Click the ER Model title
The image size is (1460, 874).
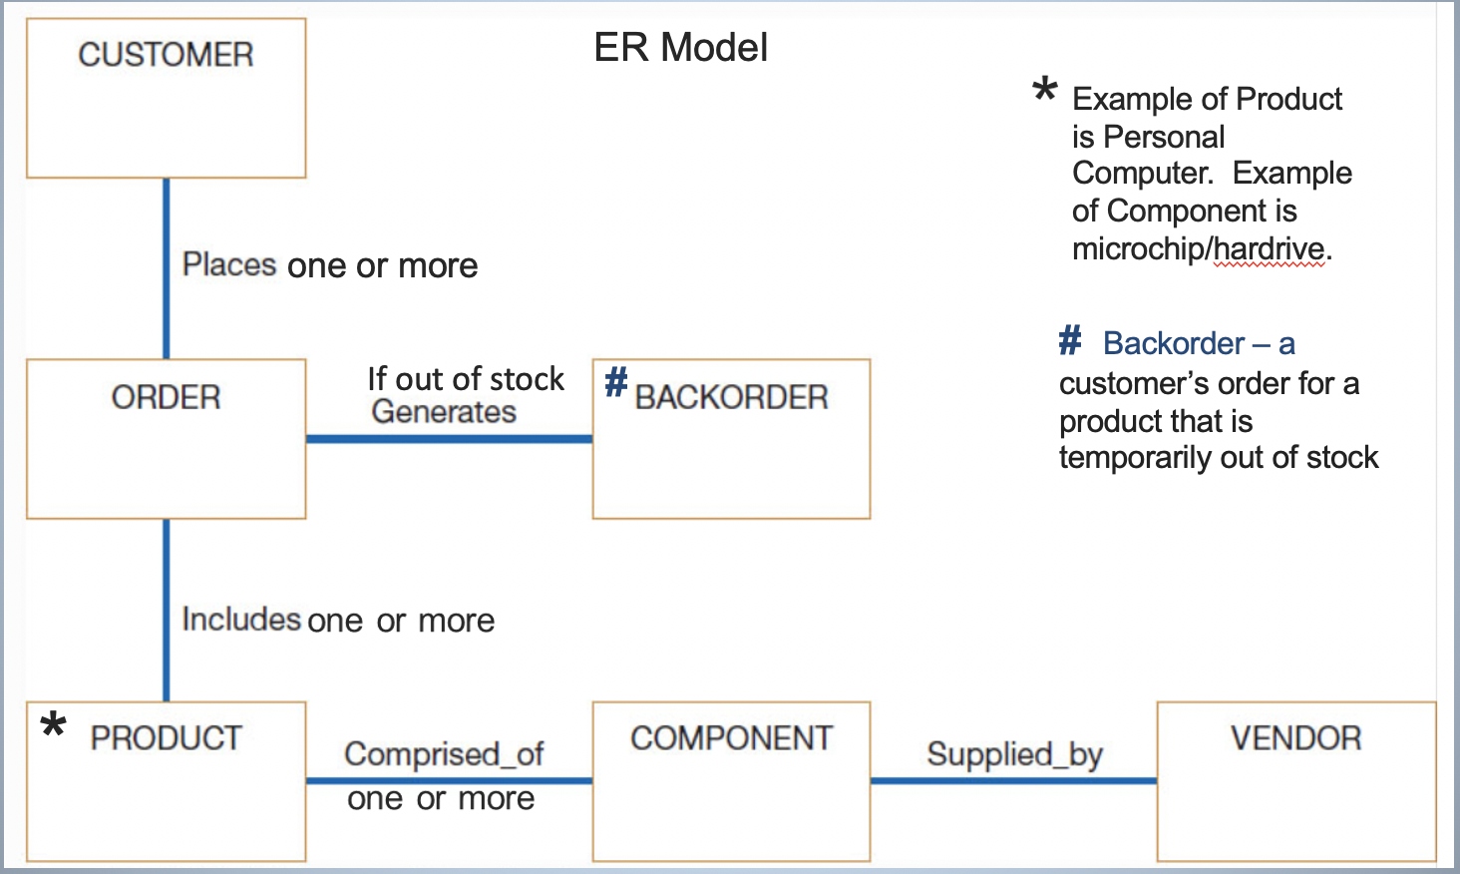(680, 48)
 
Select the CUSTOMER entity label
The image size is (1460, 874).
(166, 55)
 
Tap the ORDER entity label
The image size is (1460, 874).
(166, 397)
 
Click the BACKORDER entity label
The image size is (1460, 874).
(731, 397)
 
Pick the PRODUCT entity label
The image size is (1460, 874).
(166, 738)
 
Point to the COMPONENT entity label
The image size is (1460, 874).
(731, 738)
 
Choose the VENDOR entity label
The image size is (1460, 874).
(1295, 738)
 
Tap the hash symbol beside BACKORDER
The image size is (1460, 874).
(616, 381)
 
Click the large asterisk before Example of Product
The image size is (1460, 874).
(1044, 91)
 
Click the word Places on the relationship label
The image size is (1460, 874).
(229, 264)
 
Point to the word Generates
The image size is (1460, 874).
(444, 412)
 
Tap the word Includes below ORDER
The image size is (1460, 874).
(241, 619)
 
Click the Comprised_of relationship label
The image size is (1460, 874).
(444, 754)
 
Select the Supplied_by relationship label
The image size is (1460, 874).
(1014, 754)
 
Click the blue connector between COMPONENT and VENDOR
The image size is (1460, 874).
(1013, 780)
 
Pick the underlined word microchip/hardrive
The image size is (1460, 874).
(1198, 248)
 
